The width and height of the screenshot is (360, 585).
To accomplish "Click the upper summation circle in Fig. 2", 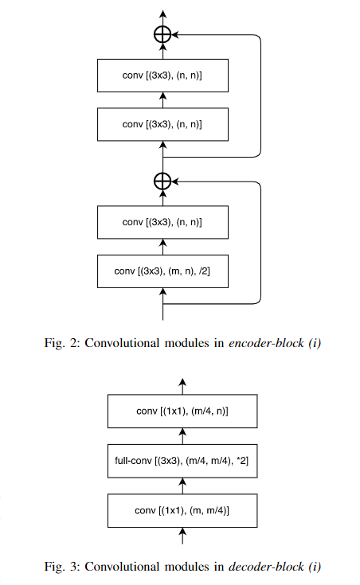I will click(162, 34).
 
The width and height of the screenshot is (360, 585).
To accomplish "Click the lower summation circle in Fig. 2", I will click(162, 181).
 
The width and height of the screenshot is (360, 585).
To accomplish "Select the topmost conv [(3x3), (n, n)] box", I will click(162, 76).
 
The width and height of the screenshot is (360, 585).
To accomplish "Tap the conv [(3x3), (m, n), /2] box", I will click(162, 271).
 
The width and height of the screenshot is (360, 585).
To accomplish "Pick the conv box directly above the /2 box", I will click(162, 222).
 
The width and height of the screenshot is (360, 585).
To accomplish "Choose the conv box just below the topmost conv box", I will click(162, 124).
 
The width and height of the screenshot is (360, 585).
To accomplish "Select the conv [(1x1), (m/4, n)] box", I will click(184, 411).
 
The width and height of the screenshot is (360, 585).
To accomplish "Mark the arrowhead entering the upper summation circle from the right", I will click(175, 34).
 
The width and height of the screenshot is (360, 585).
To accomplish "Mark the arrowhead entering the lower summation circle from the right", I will click(175, 181).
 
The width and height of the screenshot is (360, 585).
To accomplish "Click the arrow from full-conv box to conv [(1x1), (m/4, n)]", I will click(184, 435).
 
